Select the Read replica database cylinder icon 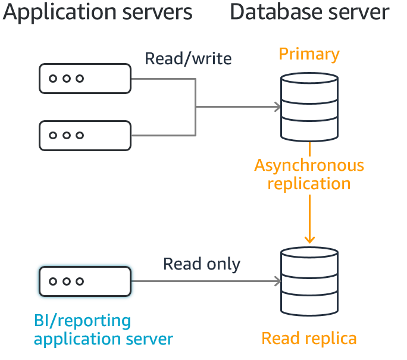pyautogui.click(x=309, y=281)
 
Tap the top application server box pyautogui.click(x=85, y=79)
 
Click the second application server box pyautogui.click(x=85, y=135)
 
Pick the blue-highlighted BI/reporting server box pyautogui.click(x=85, y=281)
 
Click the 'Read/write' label pyautogui.click(x=188, y=59)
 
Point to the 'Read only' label pyautogui.click(x=202, y=264)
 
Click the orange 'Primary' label pyautogui.click(x=309, y=54)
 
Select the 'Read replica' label pyautogui.click(x=309, y=339)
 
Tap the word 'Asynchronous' pyautogui.click(x=309, y=165)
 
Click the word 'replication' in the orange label pyautogui.click(x=309, y=183)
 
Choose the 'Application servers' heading pyautogui.click(x=98, y=12)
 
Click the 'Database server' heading pyautogui.click(x=309, y=12)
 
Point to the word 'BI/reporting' pyautogui.click(x=82, y=321)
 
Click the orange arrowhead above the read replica pyautogui.click(x=309, y=240)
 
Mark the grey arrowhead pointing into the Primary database pyautogui.click(x=277, y=107)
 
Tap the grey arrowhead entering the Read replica pyautogui.click(x=277, y=281)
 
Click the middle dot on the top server pyautogui.click(x=66, y=79)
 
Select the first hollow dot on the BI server pyautogui.click(x=53, y=281)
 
